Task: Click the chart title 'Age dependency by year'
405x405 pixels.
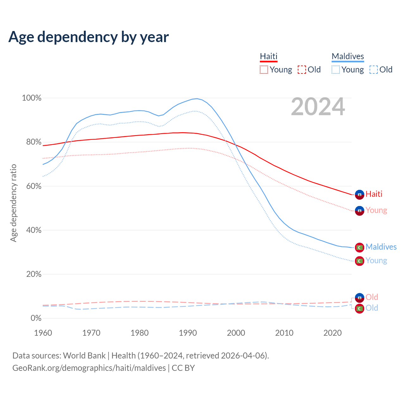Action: tap(89, 37)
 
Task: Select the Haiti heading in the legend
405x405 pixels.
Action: tap(269, 56)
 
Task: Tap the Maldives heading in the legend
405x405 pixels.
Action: tap(348, 56)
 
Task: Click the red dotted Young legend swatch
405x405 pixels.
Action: tap(264, 70)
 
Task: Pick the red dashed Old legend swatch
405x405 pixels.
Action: tap(302, 70)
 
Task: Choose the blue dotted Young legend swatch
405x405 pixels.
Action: tap(336, 70)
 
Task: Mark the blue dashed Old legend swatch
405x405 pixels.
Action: tap(374, 70)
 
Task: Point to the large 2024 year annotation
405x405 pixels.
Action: tap(318, 107)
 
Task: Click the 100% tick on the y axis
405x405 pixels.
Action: tap(32, 98)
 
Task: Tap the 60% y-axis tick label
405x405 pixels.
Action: tap(34, 186)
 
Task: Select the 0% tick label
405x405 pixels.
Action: tap(36, 318)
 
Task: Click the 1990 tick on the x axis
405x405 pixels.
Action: tap(188, 333)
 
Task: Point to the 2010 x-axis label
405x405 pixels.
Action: tap(284, 333)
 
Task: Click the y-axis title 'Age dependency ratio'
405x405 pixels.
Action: tap(13, 203)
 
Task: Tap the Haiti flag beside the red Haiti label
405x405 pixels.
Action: tap(359, 195)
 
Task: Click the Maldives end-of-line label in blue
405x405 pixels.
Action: tap(381, 247)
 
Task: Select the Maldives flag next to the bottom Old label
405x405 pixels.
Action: tap(359, 308)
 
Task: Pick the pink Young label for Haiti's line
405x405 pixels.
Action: tap(376, 210)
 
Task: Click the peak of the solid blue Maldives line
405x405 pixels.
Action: tap(197, 99)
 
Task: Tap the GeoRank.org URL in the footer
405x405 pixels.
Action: tap(89, 368)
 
